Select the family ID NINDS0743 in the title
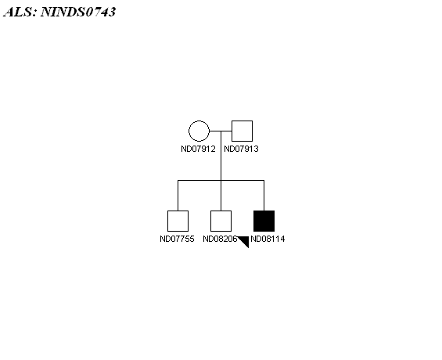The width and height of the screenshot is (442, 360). (x=78, y=12)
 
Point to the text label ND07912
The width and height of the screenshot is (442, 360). (x=198, y=149)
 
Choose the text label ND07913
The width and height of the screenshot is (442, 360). (x=241, y=149)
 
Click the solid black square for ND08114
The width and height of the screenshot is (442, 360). (x=264, y=221)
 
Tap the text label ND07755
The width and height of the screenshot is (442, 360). (x=177, y=239)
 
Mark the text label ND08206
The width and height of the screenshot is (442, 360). (x=220, y=239)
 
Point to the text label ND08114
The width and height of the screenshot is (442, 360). (x=268, y=239)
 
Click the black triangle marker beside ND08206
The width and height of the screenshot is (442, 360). (x=245, y=240)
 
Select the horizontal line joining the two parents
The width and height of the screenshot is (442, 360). (x=221, y=131)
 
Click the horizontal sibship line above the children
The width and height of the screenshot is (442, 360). (x=221, y=180)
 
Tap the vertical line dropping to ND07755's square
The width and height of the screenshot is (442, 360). (x=178, y=196)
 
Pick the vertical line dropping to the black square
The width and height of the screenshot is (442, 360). (x=264, y=196)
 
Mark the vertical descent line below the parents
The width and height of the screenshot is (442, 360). (x=221, y=156)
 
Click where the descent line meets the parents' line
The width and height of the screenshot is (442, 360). (x=221, y=131)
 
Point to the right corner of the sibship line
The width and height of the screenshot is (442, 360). (x=264, y=180)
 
